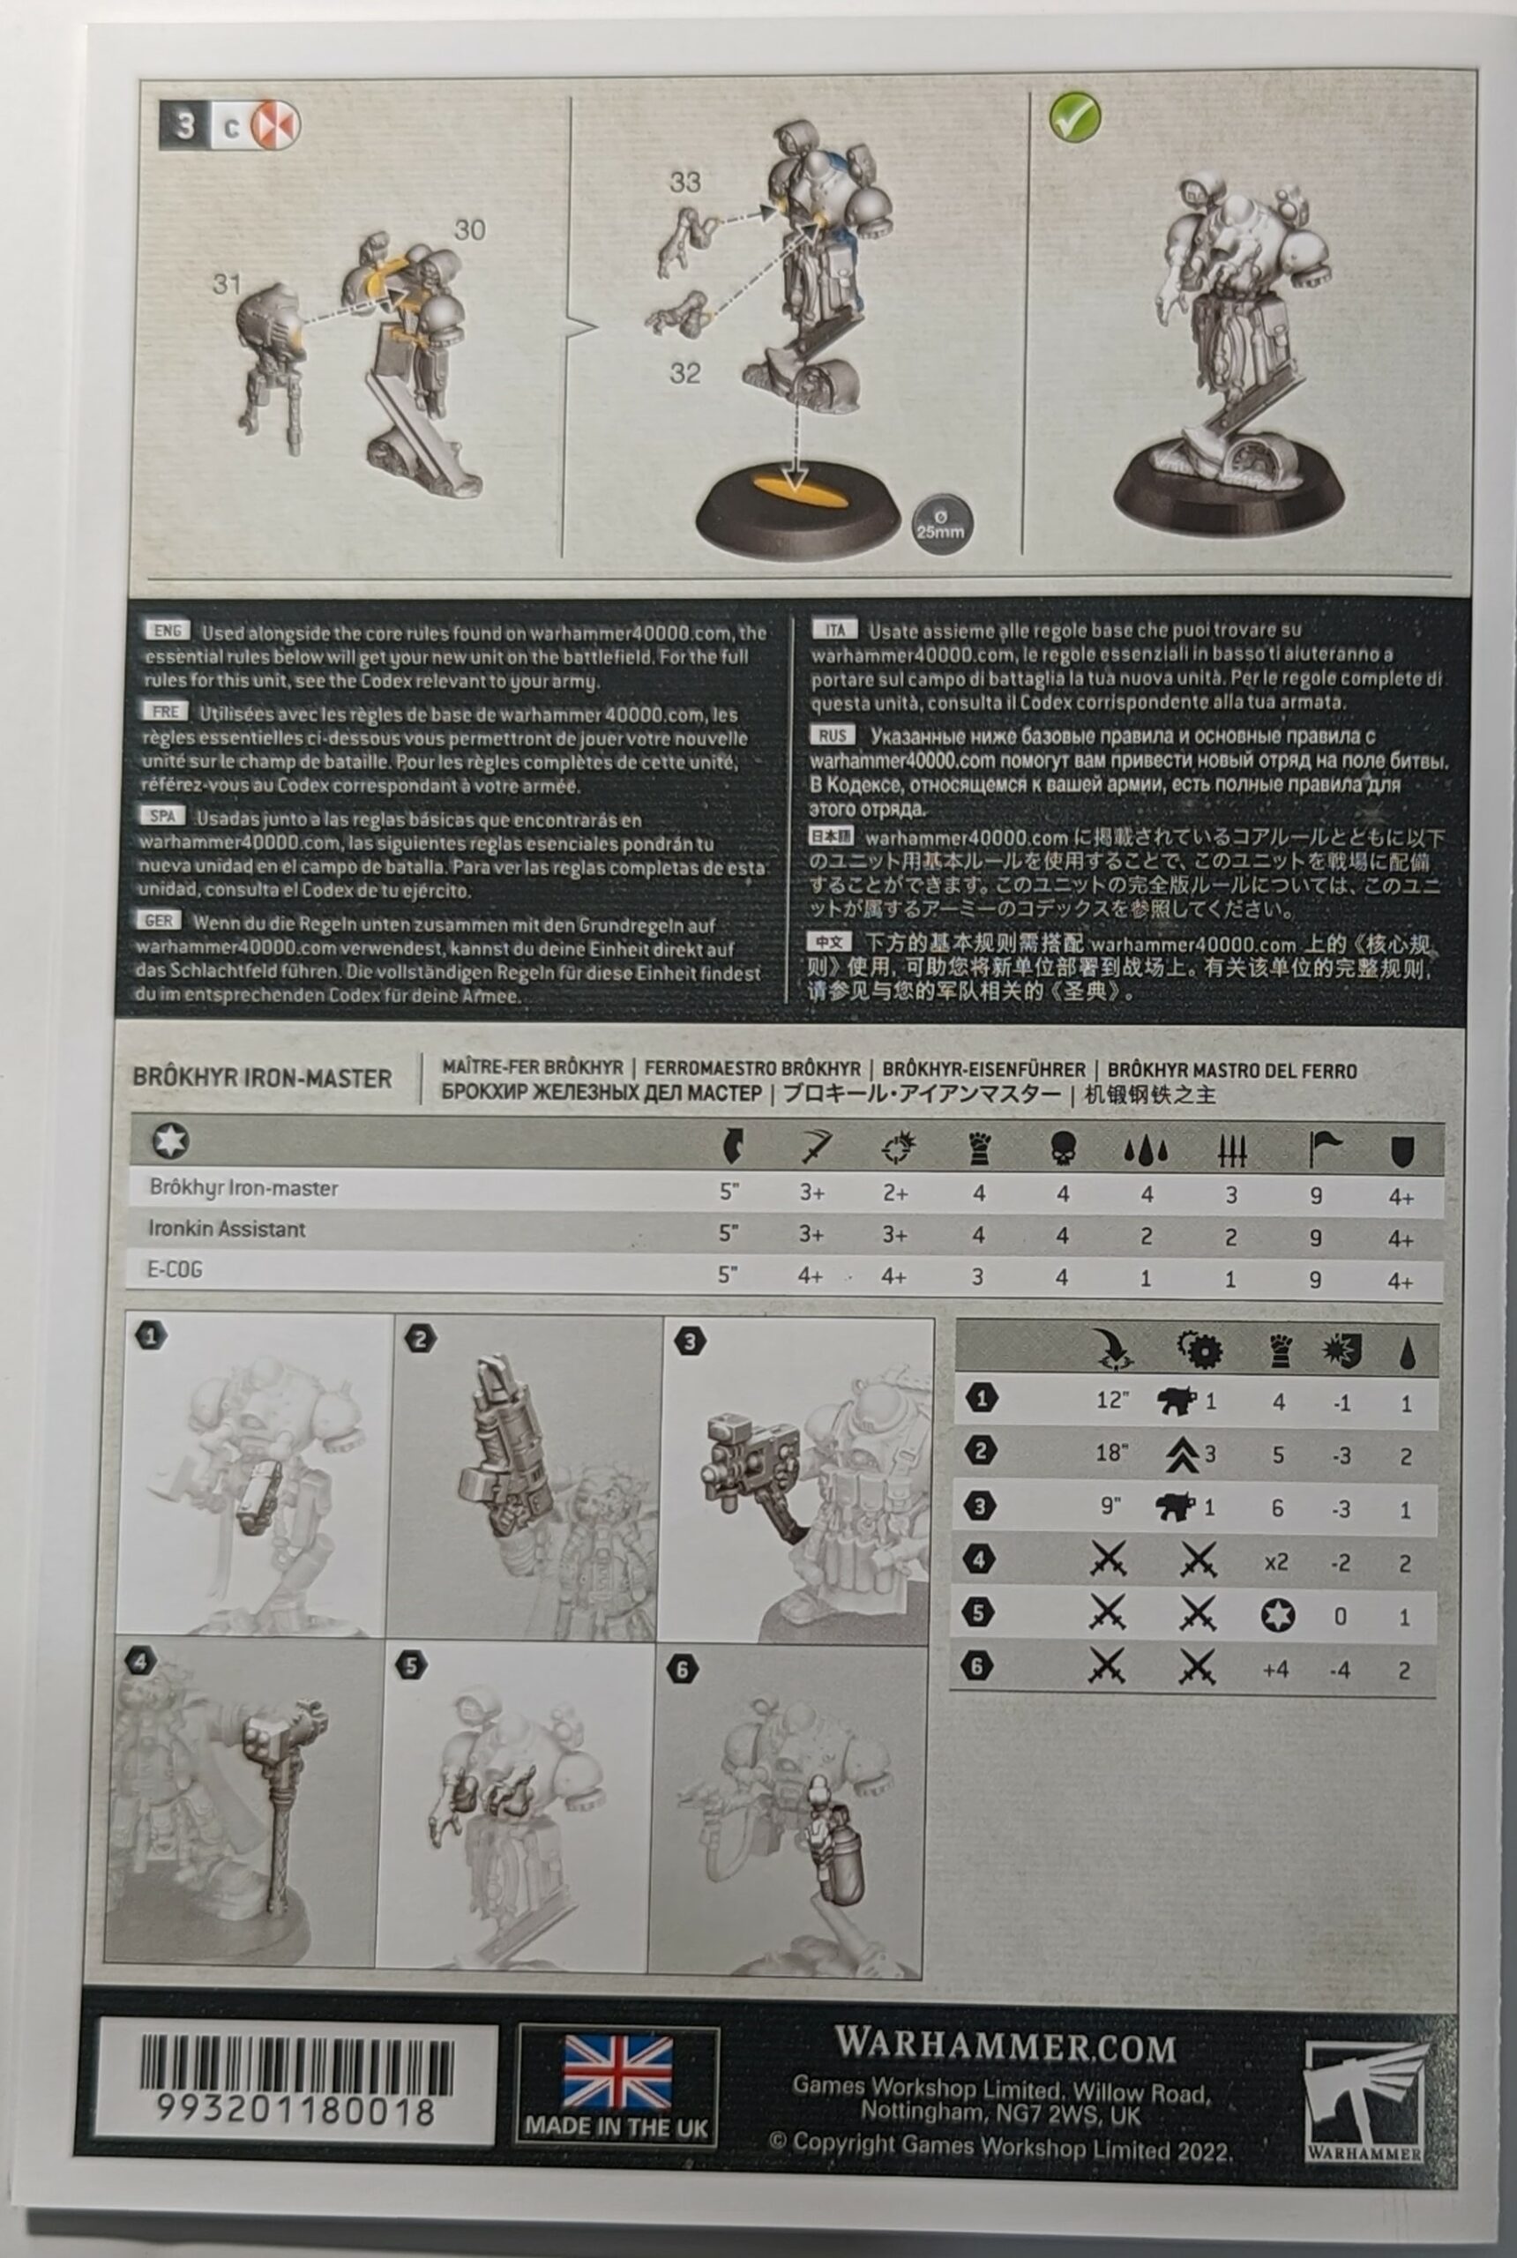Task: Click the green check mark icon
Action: [1074, 116]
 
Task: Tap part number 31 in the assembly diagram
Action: [227, 283]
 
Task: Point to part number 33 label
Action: [685, 181]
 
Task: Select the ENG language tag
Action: [168, 631]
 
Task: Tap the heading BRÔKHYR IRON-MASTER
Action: [262, 1078]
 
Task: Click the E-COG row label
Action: [176, 1270]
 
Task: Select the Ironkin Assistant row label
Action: [227, 1229]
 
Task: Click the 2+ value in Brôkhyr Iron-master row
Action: [896, 1193]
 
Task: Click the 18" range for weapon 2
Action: [1112, 1453]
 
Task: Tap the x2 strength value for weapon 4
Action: [1276, 1562]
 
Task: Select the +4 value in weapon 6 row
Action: [1276, 1670]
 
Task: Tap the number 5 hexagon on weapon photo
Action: [411, 1666]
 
